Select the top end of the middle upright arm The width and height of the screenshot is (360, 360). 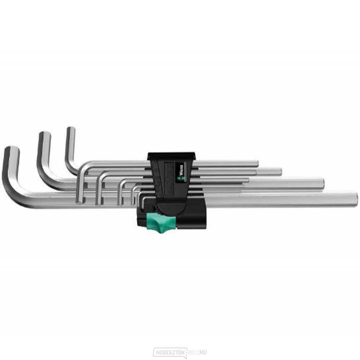click(x=44, y=135)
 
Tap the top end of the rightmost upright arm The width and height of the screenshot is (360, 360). click(x=71, y=130)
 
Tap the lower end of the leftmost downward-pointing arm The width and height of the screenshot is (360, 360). click(x=79, y=201)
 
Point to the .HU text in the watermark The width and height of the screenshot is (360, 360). click(x=203, y=352)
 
